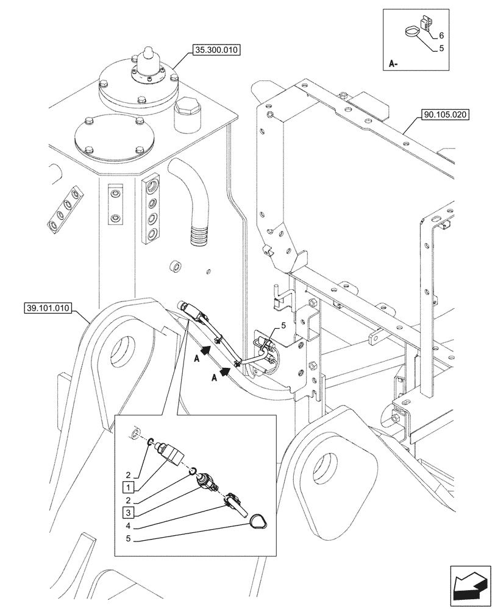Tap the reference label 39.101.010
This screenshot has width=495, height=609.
[48, 308]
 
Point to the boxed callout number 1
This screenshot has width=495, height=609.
[128, 487]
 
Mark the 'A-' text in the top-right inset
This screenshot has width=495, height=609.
[393, 63]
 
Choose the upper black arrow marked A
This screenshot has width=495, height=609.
[207, 350]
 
